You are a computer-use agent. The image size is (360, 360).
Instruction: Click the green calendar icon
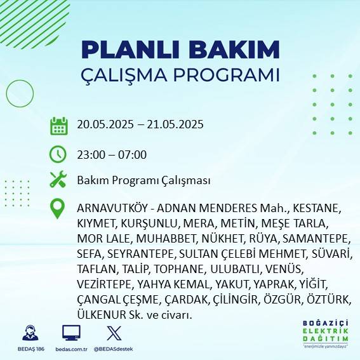[58, 125]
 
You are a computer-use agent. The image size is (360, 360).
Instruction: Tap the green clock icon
[58, 154]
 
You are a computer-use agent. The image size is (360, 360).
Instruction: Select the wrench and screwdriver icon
[58, 180]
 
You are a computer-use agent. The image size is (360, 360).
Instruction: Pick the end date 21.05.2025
[175, 124]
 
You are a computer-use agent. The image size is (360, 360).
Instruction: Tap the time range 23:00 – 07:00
[112, 154]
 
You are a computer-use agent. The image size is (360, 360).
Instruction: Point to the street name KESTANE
[318, 208]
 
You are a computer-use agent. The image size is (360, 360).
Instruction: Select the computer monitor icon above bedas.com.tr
[70, 333]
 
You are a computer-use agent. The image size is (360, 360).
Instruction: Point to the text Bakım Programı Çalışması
[143, 181]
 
